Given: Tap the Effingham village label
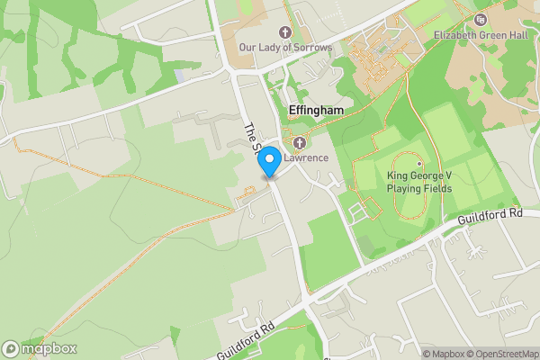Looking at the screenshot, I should click(316, 110).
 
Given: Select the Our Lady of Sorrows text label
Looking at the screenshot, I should click(285, 47).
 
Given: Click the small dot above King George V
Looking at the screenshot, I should click(418, 163).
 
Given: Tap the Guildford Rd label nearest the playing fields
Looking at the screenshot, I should click(490, 215).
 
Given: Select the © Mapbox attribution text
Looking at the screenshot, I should click(448, 354).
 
